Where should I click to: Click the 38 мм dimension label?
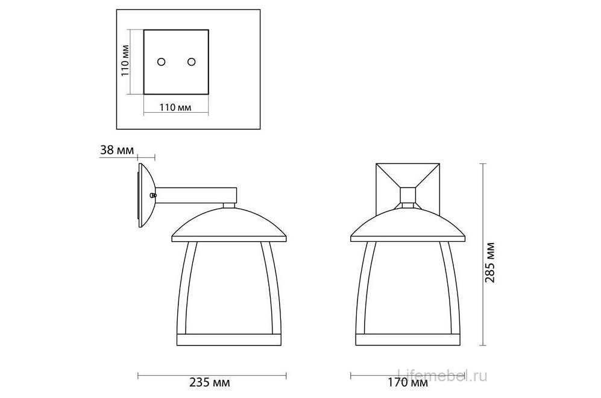click(118, 150)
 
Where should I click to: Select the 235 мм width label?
click(210, 382)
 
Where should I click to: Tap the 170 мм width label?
click(407, 382)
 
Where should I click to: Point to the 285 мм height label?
click(490, 262)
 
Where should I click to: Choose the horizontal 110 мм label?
click(175, 108)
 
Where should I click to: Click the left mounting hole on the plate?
click(162, 62)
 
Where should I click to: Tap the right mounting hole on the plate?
click(191, 62)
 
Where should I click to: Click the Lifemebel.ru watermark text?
click(442, 376)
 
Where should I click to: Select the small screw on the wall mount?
click(153, 195)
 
